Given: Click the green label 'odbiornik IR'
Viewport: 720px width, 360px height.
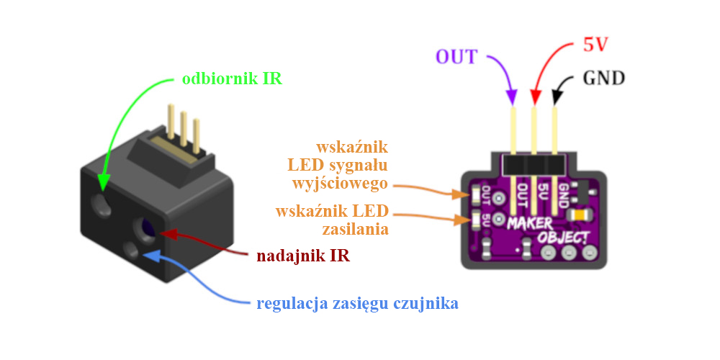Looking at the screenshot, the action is (x=233, y=79).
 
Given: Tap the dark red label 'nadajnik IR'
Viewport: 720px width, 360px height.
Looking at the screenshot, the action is (x=304, y=256).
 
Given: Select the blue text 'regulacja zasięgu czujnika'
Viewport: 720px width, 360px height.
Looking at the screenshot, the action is (x=358, y=304).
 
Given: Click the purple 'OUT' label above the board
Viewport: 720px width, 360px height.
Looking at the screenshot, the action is (x=456, y=57).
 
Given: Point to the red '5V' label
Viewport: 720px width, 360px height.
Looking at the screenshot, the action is (x=595, y=45).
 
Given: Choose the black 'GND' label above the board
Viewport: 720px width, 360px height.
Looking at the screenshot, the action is (x=604, y=78).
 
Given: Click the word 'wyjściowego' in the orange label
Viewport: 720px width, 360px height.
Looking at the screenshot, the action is (x=341, y=184).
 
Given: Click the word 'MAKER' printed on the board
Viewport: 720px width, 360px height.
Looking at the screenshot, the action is (x=529, y=224).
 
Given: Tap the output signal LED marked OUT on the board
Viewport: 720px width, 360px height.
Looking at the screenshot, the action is (x=476, y=196).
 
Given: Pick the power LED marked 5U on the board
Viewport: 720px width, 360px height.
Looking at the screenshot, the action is (x=476, y=220).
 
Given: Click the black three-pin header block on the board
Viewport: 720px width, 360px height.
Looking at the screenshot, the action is (x=534, y=164).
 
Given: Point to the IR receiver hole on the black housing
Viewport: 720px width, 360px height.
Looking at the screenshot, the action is (x=102, y=204).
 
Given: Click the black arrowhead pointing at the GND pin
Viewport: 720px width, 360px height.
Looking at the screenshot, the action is (x=557, y=97).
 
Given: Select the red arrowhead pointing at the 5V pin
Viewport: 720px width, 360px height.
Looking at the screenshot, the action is (x=535, y=97).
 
